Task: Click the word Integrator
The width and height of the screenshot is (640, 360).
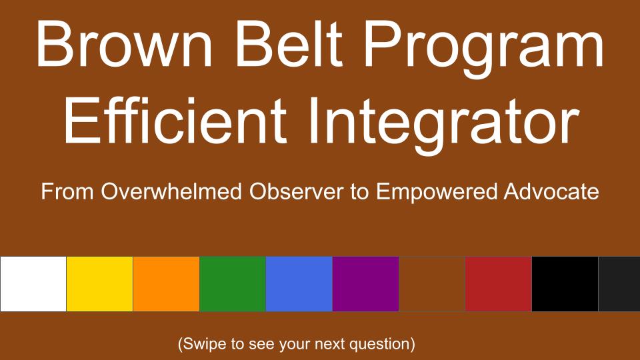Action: click(444, 124)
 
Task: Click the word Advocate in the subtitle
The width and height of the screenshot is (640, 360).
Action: click(551, 191)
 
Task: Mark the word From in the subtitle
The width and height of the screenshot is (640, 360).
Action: click(68, 192)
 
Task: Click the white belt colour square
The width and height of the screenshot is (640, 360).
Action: click(33, 284)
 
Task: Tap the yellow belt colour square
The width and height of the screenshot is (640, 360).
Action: click(99, 284)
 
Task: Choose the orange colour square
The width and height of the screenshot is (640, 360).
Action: click(166, 284)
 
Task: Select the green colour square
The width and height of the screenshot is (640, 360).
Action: click(233, 284)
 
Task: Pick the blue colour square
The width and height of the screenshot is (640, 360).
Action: click(299, 284)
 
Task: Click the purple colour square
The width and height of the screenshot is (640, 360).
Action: click(366, 284)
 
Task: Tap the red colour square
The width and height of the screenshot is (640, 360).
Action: click(499, 284)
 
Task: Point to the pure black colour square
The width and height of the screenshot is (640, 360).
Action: click(565, 284)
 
